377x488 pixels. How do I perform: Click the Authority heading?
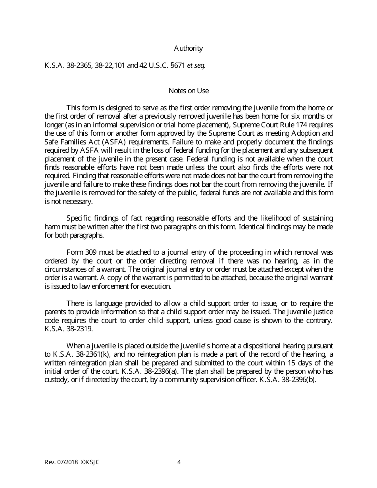click(188, 48)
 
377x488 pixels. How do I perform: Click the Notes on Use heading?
click(188, 91)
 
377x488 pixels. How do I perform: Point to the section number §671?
click(177, 65)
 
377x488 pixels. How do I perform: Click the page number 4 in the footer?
click(179, 462)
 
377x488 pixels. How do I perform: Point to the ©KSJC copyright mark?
click(90, 462)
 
